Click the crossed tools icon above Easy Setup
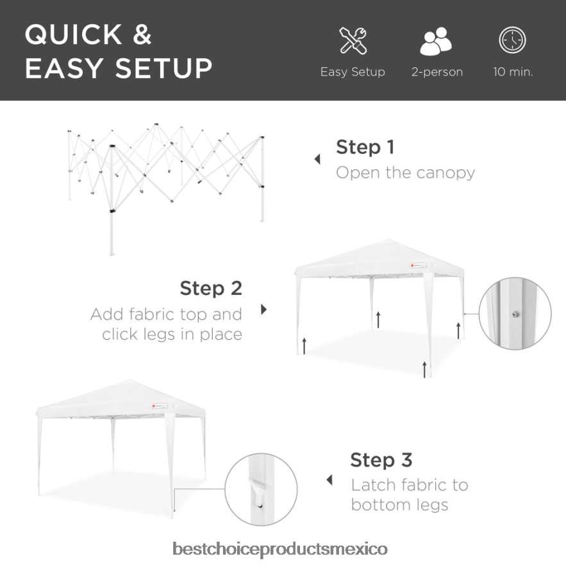[353, 41]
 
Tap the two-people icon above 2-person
[436, 41]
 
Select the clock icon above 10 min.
[513, 40]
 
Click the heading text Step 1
[365, 147]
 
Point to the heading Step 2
[211, 288]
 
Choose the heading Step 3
[381, 460]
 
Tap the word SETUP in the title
[164, 68]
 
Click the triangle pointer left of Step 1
[317, 159]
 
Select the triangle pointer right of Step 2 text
[264, 310]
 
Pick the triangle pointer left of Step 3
[329, 480]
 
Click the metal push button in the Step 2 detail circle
[516, 314]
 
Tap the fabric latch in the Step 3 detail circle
[258, 491]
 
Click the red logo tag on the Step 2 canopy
[418, 265]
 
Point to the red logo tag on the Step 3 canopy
[160, 406]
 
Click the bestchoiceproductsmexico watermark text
[280, 549]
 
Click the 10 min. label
[513, 72]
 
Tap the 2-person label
[437, 72]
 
